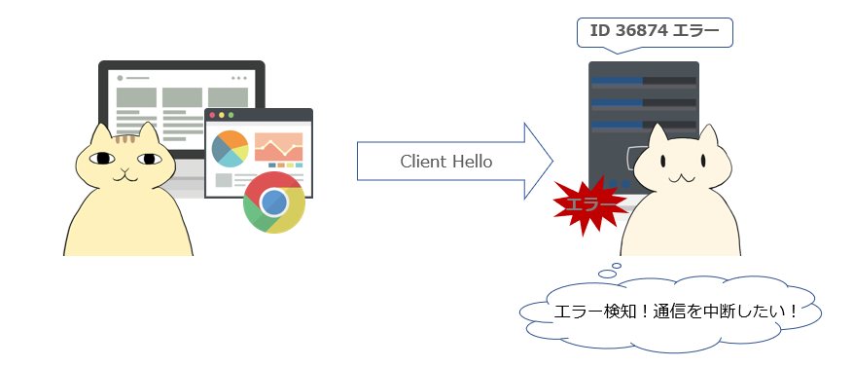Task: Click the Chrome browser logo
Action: (274, 202)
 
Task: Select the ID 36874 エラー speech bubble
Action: (655, 33)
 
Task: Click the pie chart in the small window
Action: (231, 148)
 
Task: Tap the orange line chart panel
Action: (278, 147)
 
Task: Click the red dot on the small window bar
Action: (212, 115)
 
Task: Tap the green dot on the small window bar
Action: (231, 115)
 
